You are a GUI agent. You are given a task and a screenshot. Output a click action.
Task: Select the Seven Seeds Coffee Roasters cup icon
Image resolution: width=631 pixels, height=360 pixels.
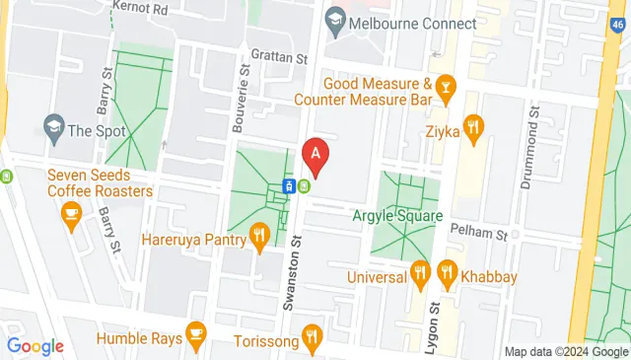(x=71, y=212)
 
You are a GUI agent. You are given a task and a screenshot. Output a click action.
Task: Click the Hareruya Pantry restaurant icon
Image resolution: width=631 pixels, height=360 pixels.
(x=259, y=235)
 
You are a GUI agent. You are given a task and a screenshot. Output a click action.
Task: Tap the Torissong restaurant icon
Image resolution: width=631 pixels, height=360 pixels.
(x=313, y=335)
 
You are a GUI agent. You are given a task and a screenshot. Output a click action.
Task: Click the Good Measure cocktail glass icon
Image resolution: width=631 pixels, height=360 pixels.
(x=448, y=88)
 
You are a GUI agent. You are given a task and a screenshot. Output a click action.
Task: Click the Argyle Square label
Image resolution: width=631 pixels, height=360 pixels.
(x=397, y=215)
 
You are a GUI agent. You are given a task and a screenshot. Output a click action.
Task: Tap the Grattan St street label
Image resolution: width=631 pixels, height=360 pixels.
(x=278, y=57)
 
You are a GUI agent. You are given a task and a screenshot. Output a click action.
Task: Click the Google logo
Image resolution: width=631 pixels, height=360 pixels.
(x=35, y=346)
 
